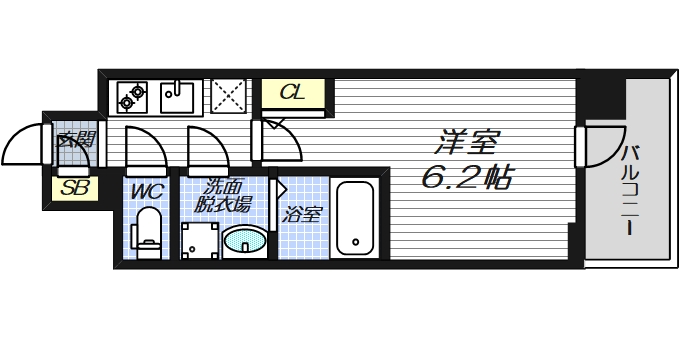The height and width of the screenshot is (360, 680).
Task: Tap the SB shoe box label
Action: pyautogui.click(x=72, y=187)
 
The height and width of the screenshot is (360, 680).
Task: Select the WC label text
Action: pyautogui.click(x=146, y=188)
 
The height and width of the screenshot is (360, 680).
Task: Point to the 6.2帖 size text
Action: pyautogui.click(x=466, y=179)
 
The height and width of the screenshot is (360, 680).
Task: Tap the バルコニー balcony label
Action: pyautogui.click(x=631, y=190)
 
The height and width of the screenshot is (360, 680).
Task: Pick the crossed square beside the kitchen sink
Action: pyautogui.click(x=231, y=95)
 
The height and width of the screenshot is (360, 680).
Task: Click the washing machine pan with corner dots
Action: pyautogui.click(x=199, y=239)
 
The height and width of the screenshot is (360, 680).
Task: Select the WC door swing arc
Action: pyautogui.click(x=146, y=150)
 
